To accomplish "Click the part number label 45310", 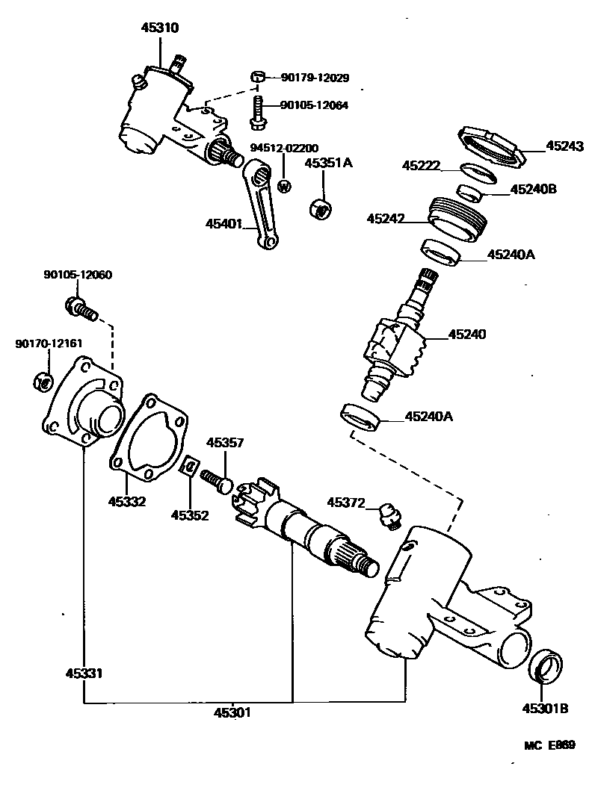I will [x=160, y=28].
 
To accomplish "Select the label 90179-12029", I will [x=315, y=78].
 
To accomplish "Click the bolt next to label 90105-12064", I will [x=257, y=110].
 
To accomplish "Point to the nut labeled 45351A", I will [x=321, y=207].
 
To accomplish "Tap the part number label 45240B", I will [x=534, y=190].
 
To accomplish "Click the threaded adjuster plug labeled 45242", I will [x=457, y=217].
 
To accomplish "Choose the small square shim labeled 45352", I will [x=191, y=468].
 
